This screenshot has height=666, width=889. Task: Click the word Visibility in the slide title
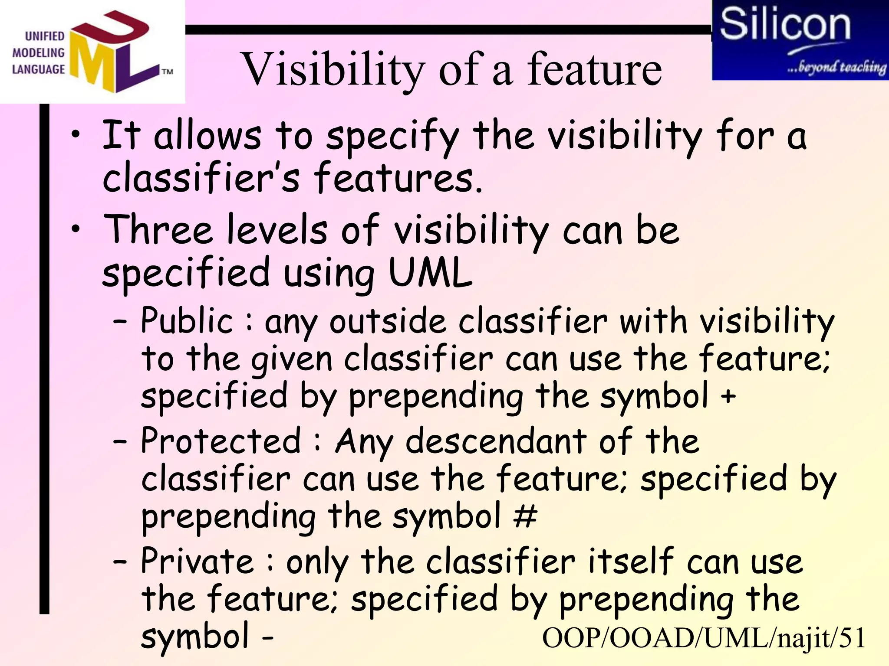[333, 69]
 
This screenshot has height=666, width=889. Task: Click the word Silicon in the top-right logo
[785, 25]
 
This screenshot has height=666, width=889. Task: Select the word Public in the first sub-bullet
[188, 321]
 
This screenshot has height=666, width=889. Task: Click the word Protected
[221, 441]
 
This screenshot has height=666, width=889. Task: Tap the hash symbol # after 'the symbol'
[525, 516]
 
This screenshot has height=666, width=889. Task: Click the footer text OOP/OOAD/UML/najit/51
[704, 638]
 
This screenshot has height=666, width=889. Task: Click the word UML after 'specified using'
[430, 273]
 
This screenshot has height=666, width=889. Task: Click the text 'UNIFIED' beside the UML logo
[45, 36]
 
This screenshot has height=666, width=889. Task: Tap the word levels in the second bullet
[277, 230]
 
